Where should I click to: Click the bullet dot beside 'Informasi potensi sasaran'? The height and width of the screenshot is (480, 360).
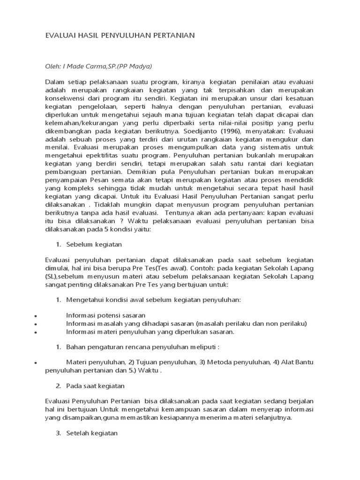pos(36,316)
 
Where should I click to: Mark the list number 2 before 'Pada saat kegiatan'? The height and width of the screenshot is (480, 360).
pos(58,386)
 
